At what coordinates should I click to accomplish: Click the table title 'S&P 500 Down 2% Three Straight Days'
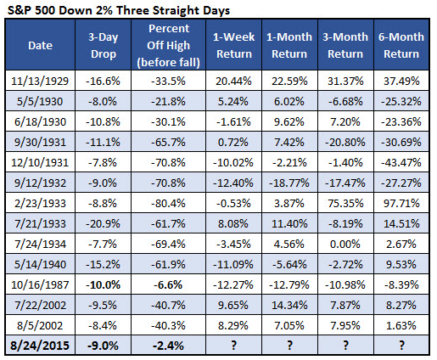click(x=119, y=10)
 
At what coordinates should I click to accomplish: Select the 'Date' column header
click(x=40, y=45)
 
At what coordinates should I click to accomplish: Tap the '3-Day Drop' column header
click(x=103, y=45)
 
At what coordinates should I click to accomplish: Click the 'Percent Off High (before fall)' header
click(x=169, y=45)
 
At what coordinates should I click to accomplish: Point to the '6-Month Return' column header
click(x=401, y=45)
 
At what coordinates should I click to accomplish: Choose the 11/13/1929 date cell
click(x=40, y=82)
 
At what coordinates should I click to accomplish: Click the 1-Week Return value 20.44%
click(x=233, y=82)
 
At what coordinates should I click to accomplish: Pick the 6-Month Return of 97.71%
click(x=401, y=203)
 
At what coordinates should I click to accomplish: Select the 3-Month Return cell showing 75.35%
click(x=345, y=203)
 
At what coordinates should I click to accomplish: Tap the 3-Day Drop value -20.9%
click(x=103, y=223)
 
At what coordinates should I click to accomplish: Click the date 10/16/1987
click(x=40, y=284)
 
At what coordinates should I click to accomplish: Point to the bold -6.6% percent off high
click(x=168, y=284)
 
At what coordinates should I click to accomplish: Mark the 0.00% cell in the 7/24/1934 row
click(x=345, y=244)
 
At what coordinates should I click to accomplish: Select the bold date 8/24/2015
click(x=40, y=346)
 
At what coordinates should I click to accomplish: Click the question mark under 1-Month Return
click(x=289, y=346)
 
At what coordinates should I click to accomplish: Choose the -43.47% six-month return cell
click(x=401, y=162)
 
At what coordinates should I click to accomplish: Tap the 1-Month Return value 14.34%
click(x=289, y=305)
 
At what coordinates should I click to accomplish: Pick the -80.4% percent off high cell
click(x=168, y=203)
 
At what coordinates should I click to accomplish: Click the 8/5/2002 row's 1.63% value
click(x=401, y=325)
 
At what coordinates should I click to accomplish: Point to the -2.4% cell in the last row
click(x=168, y=346)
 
